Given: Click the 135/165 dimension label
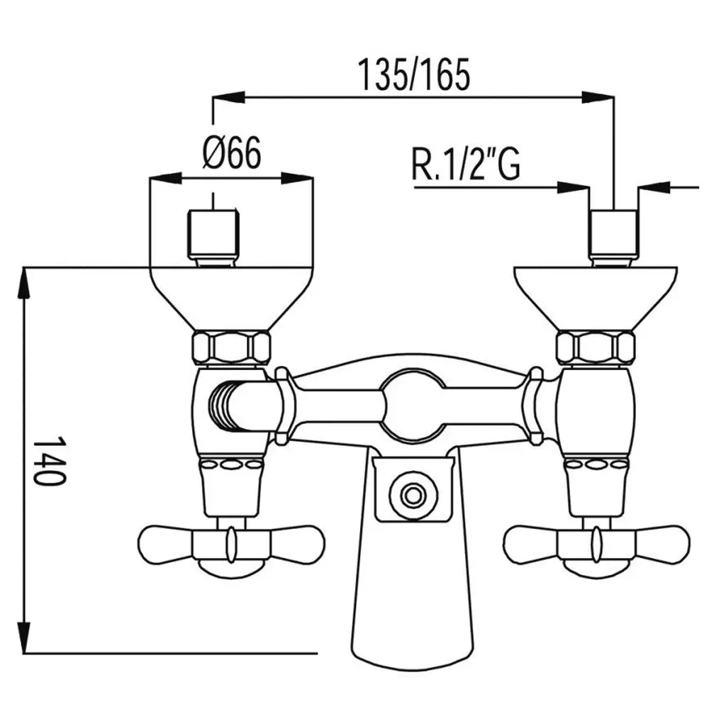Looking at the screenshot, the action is tap(414, 75).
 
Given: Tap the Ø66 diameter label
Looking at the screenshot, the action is tap(232, 153).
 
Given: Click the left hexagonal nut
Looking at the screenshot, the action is tap(232, 348).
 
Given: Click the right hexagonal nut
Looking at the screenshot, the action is tap(596, 348).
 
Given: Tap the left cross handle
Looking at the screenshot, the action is tap(232, 543).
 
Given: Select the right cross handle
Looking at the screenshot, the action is tap(597, 543).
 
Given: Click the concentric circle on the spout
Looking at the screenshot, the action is tap(413, 495).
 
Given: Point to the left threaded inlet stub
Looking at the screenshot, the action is tap(213, 239).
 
